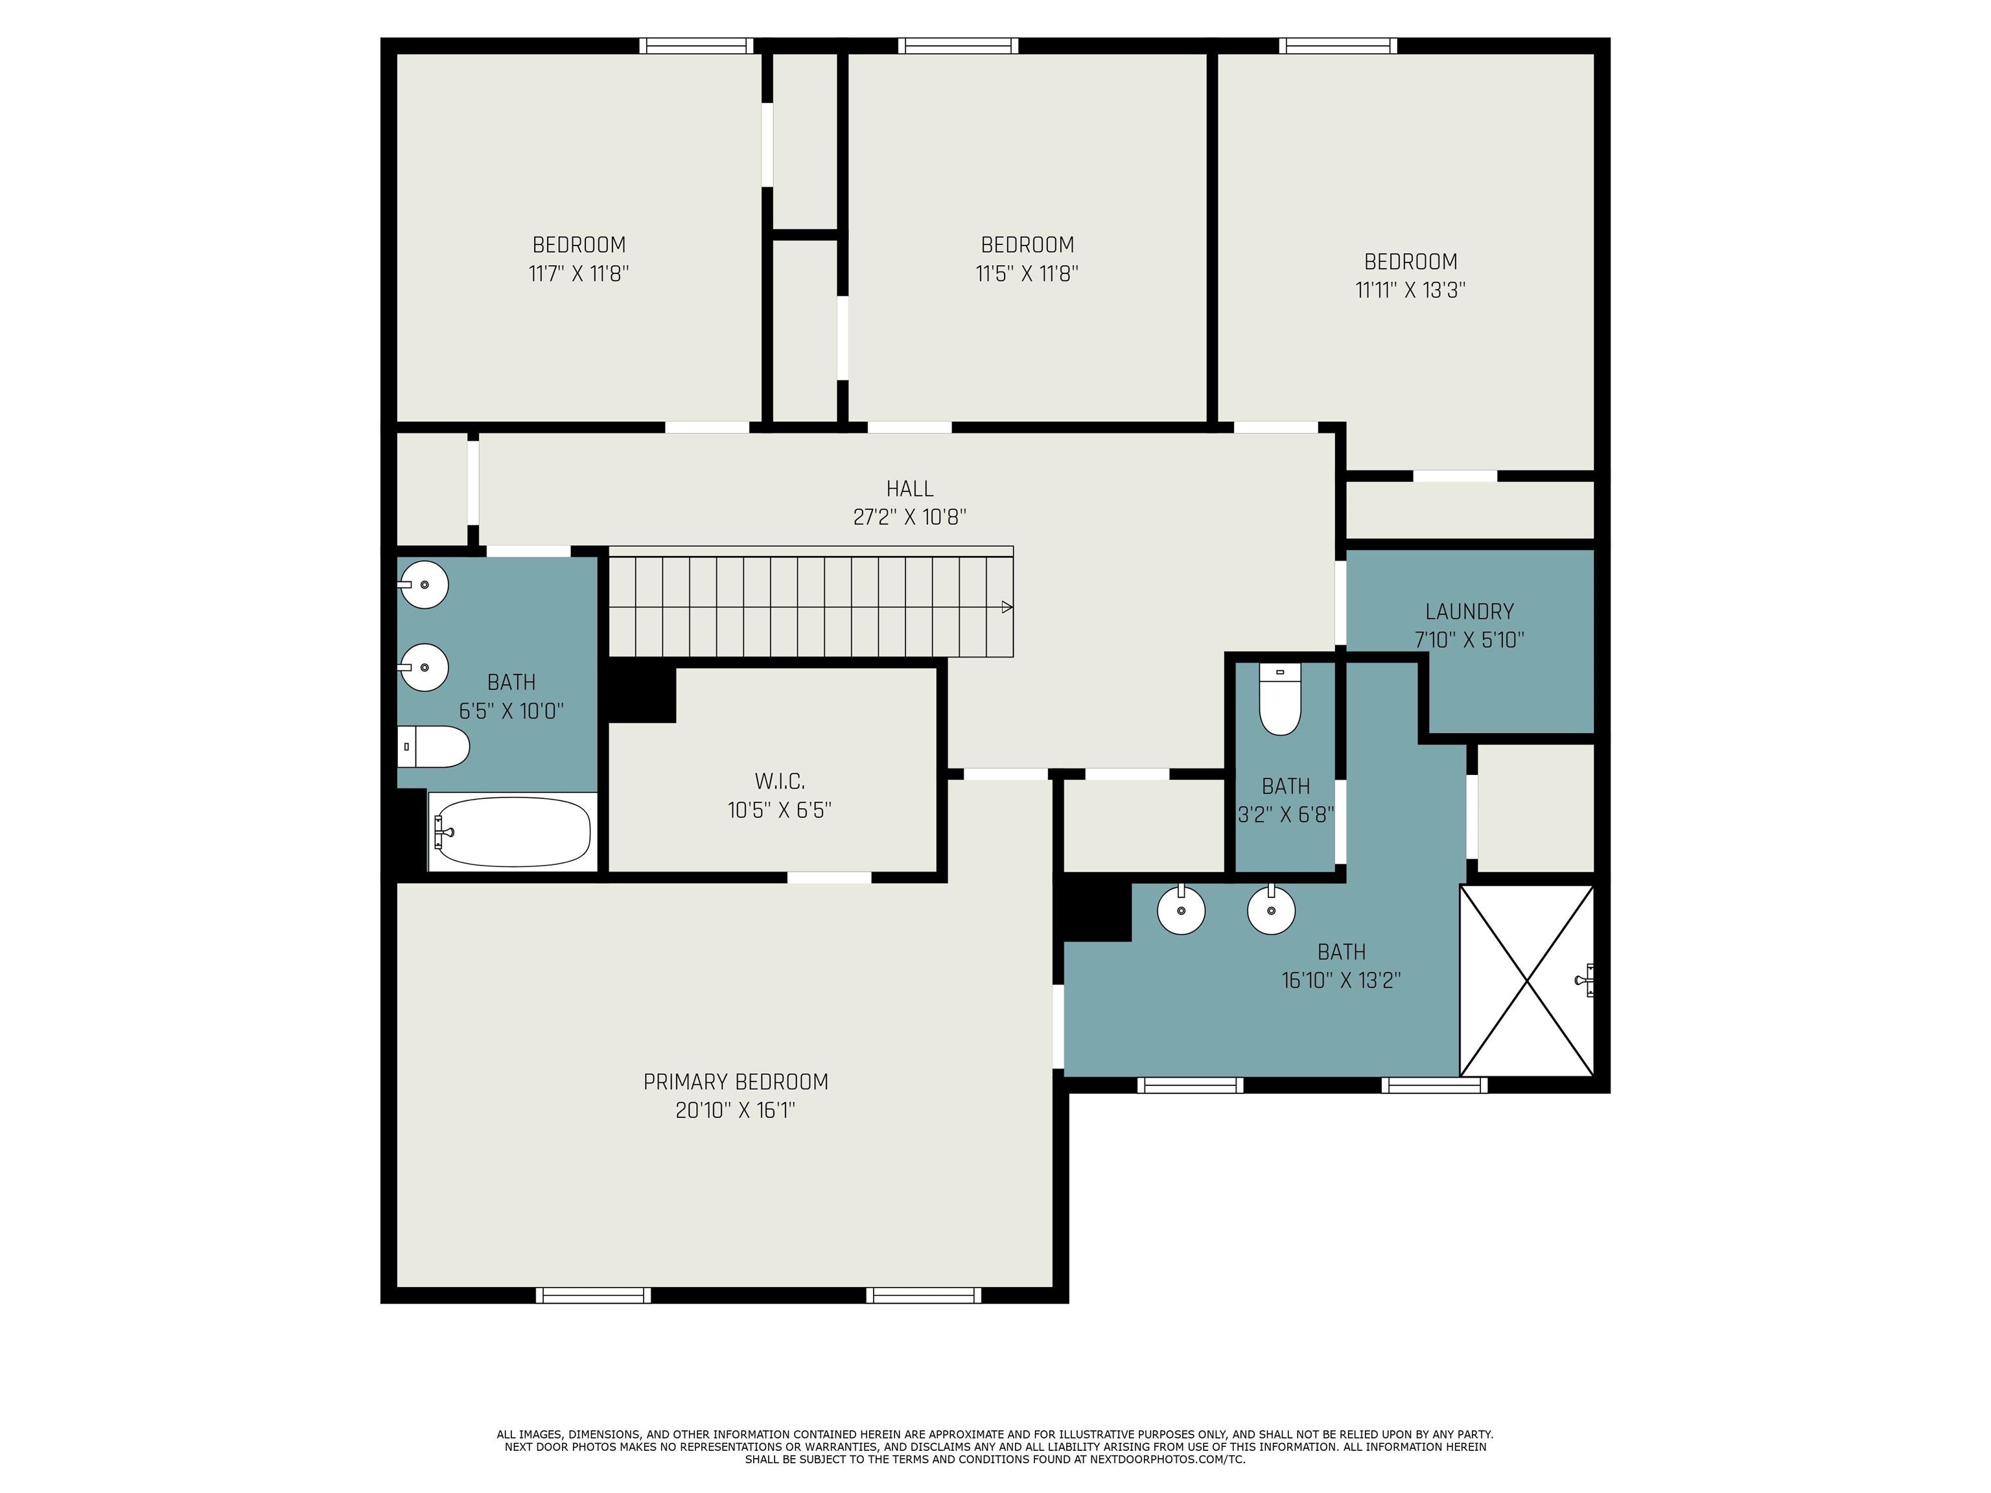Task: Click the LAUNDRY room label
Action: tap(1469, 612)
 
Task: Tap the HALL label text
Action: tap(909, 489)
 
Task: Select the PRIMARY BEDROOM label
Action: tap(736, 1082)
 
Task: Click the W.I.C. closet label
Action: tap(780, 781)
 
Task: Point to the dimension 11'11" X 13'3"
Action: tap(1410, 290)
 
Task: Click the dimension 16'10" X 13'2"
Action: tap(1341, 980)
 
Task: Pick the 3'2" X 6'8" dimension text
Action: tap(1285, 815)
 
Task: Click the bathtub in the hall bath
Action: tap(511, 831)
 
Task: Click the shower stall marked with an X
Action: tap(1526, 980)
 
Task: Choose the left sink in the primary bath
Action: tap(1181, 910)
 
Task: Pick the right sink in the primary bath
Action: tap(1271, 910)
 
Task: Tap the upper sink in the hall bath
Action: tap(423, 584)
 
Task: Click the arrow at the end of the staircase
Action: tap(1007, 607)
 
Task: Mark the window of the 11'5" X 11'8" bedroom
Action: tap(958, 45)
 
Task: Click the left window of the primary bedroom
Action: tap(593, 1295)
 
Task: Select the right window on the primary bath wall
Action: tap(1435, 1085)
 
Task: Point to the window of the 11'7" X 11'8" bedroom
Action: tap(696, 45)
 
